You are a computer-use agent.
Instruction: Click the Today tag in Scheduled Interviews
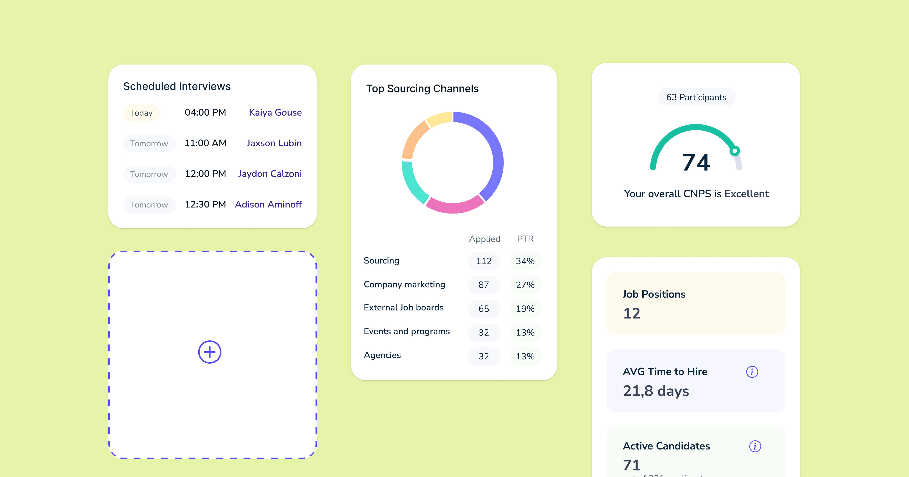coord(141,113)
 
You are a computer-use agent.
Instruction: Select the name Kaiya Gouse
coord(275,113)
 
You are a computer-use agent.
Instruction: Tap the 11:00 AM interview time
coord(205,143)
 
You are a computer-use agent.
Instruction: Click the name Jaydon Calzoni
coord(270,174)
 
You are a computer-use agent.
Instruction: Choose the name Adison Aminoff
coord(268,205)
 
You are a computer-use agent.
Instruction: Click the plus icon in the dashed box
coord(210,352)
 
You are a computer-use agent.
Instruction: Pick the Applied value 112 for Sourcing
coord(484,261)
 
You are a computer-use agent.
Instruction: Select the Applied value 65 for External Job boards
coord(484,309)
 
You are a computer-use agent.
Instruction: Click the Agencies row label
coord(382,355)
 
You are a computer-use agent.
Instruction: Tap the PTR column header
coord(525,239)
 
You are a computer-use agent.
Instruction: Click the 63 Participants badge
coord(696,97)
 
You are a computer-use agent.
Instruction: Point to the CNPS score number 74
coord(696,162)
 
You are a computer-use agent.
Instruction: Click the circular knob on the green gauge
coord(735,151)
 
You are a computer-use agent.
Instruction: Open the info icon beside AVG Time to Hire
coord(752,372)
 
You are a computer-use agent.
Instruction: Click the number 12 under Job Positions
coord(631,313)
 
